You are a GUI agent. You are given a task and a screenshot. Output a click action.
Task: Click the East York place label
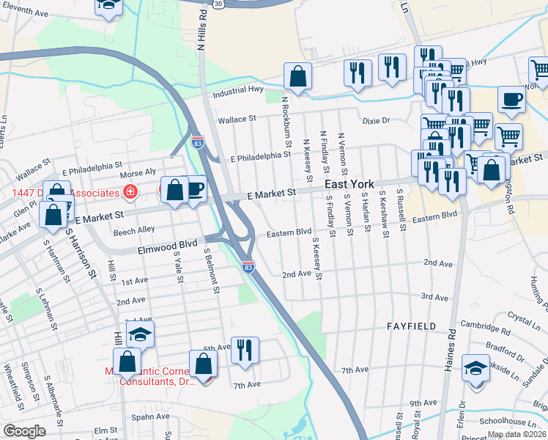point(349,185)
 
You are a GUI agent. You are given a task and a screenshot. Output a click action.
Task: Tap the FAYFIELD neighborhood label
point(411,326)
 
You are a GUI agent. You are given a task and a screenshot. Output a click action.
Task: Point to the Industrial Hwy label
point(238,91)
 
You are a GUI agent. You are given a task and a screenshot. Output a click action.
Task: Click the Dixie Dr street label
point(377,120)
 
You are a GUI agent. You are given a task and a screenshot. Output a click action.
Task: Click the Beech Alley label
point(132,232)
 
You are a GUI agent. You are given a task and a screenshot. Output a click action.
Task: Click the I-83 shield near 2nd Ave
point(249,268)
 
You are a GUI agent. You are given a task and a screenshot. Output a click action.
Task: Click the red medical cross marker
point(130,192)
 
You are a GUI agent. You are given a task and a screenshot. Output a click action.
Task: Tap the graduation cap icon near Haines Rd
point(475,367)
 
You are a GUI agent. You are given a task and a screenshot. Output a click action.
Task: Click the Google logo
point(25,431)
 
